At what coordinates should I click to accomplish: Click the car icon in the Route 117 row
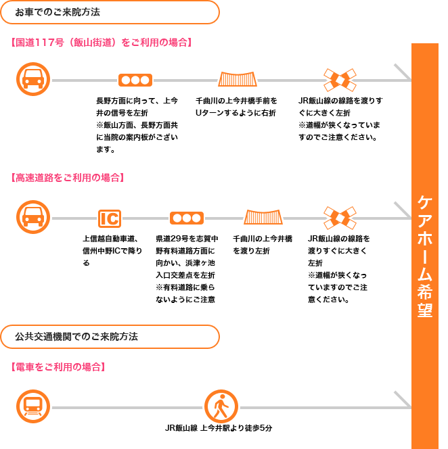point(33,79)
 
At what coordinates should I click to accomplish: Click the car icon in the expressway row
point(33,217)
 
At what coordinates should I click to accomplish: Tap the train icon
point(33,406)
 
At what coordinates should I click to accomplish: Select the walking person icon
point(221,406)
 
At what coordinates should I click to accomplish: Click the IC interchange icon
point(110,218)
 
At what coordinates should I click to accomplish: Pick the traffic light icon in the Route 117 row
point(135,80)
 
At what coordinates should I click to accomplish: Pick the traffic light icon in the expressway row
point(187,218)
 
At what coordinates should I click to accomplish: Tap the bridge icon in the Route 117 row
point(238,79)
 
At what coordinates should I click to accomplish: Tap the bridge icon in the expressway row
point(263,217)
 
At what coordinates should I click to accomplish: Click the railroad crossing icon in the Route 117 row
point(340,80)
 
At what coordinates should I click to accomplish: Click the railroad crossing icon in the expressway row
point(340,218)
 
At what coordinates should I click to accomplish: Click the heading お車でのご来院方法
point(58,12)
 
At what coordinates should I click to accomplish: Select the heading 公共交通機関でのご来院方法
point(76,337)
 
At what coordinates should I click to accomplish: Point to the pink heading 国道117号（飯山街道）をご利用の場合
point(102,43)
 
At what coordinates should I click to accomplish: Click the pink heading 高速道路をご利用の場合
point(68,178)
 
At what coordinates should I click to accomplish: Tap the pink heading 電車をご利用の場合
point(58,367)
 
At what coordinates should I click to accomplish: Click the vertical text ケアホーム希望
point(425,256)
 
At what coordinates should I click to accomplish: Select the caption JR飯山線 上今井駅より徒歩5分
point(219,428)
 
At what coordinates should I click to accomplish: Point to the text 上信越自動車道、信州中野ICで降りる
point(112,251)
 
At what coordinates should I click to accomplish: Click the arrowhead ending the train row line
point(403,400)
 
